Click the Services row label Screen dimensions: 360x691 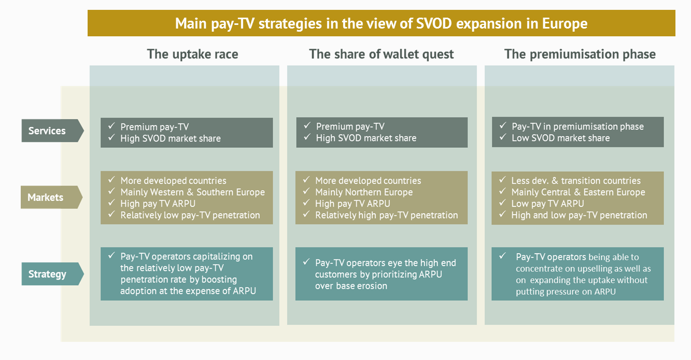click(47, 131)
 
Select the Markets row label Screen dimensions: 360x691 click(46, 197)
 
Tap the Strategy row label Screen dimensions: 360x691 click(47, 274)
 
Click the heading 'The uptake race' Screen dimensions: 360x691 click(192, 54)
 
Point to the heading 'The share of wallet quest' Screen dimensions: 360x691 click(382, 54)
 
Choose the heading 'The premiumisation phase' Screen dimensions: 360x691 click(580, 54)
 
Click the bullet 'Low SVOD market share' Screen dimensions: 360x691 click(560, 138)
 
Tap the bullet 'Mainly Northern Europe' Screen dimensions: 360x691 click(364, 192)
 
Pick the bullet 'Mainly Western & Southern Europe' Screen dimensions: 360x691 click(192, 192)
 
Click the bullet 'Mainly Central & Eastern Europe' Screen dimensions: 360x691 click(578, 192)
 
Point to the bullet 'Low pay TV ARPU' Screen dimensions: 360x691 click(547, 203)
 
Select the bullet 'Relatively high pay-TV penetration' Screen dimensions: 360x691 click(386, 215)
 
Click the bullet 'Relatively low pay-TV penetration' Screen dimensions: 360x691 click(190, 215)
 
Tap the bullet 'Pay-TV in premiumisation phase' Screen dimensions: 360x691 click(577, 127)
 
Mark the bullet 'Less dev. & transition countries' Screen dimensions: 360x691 click(576, 181)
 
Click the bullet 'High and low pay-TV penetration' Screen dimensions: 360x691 click(579, 215)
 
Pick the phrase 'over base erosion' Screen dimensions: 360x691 click(351, 286)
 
